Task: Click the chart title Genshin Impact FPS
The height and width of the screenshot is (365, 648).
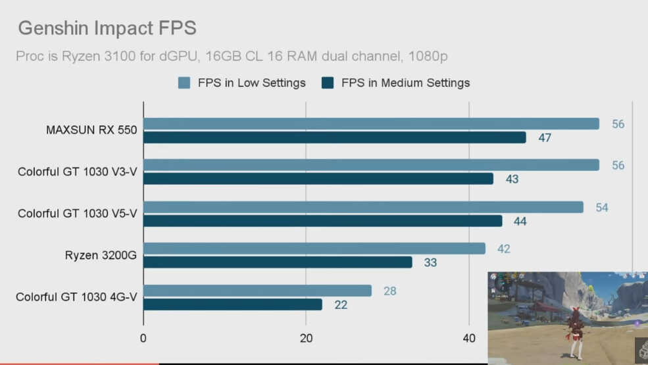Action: tap(107, 28)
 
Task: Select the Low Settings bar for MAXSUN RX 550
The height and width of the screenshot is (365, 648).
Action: tap(371, 124)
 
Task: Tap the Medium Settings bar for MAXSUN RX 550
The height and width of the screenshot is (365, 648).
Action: tap(334, 137)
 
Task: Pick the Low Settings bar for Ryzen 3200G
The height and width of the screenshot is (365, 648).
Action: tap(314, 249)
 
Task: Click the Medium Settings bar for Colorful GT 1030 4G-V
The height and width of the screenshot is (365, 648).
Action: tap(232, 304)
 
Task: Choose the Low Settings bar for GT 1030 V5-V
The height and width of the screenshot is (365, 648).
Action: tap(363, 207)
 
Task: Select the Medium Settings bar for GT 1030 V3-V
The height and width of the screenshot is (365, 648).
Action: tap(318, 179)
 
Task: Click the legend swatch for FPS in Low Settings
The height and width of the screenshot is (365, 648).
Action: tap(184, 83)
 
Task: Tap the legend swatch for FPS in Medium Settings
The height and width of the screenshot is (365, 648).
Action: tap(328, 83)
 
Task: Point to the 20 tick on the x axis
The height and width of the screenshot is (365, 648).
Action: tap(306, 338)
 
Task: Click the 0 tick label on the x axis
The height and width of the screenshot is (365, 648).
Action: tap(143, 338)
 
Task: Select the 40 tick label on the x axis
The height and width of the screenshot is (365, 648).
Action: tap(469, 338)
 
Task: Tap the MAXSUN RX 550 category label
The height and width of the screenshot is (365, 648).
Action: tap(91, 130)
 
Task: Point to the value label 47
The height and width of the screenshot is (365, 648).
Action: tap(544, 138)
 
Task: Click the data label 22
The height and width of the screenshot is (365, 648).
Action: tap(340, 305)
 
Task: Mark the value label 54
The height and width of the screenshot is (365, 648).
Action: tap(602, 208)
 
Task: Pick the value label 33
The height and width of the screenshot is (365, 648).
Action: tap(430, 263)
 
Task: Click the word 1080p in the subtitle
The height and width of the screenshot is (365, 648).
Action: tap(428, 57)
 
